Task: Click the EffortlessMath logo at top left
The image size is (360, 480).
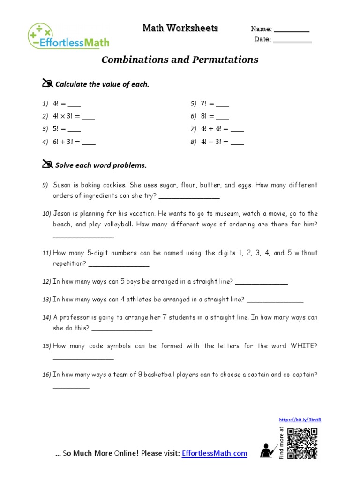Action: pos(68,36)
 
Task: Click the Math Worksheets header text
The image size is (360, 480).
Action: pos(180,29)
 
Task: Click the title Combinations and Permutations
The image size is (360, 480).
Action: pos(180,60)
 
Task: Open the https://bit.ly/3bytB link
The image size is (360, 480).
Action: pos(300,420)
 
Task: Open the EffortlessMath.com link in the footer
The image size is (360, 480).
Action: pos(215,453)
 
